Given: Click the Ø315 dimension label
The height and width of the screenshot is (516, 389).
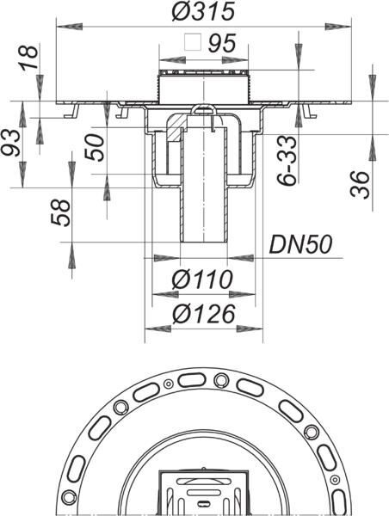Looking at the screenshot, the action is (203, 11).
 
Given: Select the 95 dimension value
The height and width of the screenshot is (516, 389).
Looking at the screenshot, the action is (222, 43).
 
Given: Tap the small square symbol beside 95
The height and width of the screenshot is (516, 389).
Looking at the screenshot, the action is (193, 42).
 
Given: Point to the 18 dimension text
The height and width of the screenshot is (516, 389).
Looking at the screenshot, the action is (29, 58).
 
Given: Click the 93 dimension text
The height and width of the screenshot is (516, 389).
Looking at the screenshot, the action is (11, 142).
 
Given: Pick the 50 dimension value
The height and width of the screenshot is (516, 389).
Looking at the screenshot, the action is (94, 147).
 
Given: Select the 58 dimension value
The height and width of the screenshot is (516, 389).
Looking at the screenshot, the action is (60, 213).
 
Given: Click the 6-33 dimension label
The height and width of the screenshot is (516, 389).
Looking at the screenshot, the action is (287, 160).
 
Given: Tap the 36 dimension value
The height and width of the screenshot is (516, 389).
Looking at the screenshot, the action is (360, 185).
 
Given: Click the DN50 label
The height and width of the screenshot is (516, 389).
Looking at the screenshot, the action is (300, 244).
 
